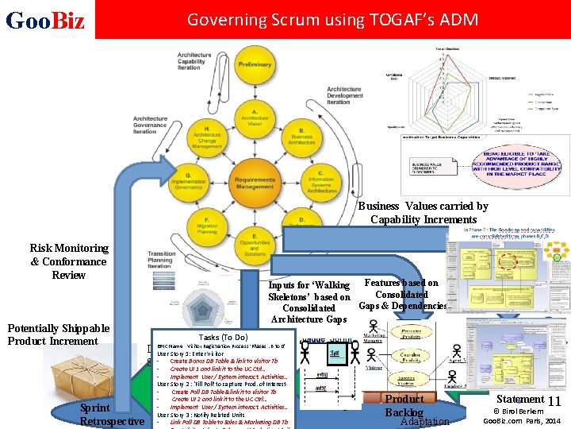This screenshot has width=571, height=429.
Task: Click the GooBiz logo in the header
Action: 45,19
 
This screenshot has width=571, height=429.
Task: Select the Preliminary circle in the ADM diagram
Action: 255,64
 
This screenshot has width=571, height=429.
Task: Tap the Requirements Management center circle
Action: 254,184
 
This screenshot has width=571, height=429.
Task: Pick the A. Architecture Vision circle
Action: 254,119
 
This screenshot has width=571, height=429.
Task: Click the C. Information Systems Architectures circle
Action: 320,182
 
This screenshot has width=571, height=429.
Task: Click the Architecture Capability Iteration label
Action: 194,61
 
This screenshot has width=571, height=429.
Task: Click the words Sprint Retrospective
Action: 112,414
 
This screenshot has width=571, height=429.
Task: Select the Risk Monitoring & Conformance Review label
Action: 68,261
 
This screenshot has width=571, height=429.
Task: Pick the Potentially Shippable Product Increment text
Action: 58,334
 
